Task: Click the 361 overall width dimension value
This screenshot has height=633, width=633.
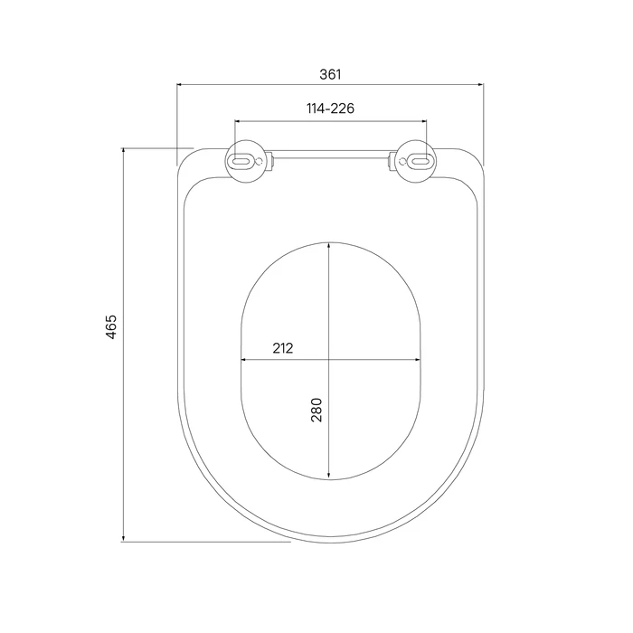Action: click(x=330, y=74)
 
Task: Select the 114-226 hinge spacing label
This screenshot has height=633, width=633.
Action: click(x=330, y=109)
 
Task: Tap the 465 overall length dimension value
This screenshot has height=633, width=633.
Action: click(x=111, y=326)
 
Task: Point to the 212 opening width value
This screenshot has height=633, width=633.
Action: click(x=282, y=348)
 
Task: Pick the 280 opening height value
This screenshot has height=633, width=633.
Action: click(x=316, y=410)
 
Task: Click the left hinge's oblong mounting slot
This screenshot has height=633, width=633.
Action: click(x=241, y=162)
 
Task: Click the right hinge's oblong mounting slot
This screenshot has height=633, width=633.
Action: click(x=420, y=162)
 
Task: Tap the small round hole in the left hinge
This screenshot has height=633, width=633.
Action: click(x=260, y=162)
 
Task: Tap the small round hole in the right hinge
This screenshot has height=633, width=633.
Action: click(x=402, y=162)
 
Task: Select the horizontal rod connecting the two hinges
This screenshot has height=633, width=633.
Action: click(x=331, y=155)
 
